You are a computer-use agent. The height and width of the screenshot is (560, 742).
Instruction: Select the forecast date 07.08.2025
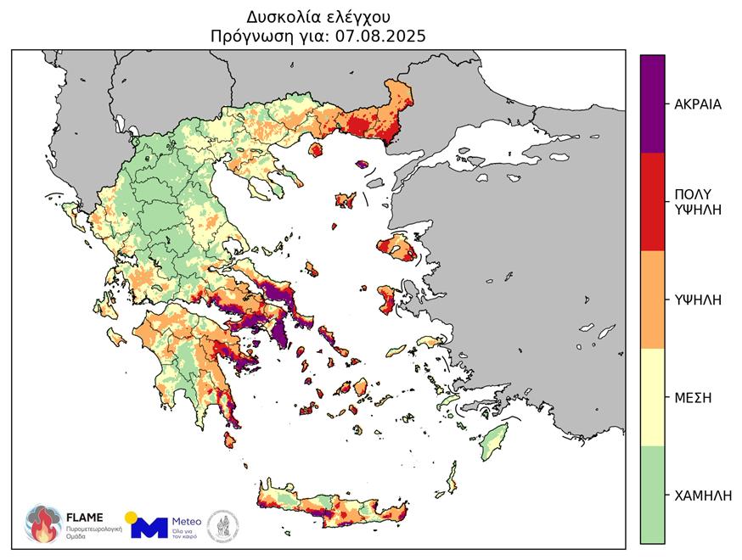tap(381, 36)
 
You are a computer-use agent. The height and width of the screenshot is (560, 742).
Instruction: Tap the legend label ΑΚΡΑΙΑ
tap(697, 104)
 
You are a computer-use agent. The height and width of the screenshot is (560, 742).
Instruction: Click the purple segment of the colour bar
tap(652, 104)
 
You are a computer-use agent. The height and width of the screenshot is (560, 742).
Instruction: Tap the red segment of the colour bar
tap(652, 201)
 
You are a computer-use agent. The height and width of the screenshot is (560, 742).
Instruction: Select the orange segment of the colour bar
tap(652, 300)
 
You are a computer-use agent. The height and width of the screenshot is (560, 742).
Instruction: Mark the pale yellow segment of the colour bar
tap(652, 397)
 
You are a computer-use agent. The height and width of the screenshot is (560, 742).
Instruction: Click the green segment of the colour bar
tap(652, 495)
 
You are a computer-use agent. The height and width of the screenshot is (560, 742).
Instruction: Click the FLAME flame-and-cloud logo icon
tap(42, 524)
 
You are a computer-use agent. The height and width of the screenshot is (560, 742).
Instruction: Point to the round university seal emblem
tap(223, 525)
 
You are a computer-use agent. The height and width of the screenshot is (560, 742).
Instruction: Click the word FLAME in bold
tap(85, 517)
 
